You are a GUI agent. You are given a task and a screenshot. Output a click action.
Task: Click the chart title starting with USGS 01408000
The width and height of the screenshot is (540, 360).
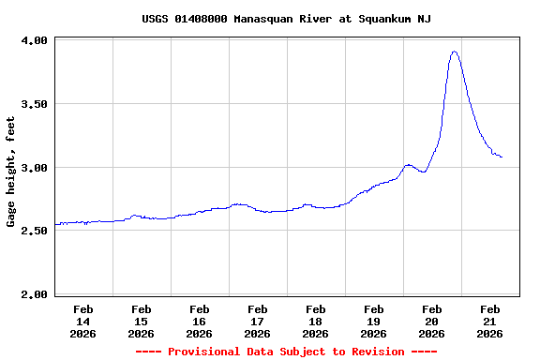(286, 19)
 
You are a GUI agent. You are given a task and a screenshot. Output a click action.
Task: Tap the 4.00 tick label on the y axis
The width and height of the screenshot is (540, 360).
(34, 41)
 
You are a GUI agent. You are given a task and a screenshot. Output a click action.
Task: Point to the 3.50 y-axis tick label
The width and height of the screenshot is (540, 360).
(34, 104)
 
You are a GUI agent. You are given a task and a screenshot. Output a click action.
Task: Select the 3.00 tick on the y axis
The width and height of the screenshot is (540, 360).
(34, 168)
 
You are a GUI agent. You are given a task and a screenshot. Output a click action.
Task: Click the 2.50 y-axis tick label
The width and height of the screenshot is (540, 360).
(34, 231)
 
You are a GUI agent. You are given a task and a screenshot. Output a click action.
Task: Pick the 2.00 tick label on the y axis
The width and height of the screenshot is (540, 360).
(34, 294)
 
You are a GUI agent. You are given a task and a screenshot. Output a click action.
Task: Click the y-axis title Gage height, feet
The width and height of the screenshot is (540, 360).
(11, 172)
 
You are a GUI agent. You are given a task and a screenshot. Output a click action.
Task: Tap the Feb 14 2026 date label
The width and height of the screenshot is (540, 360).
(83, 321)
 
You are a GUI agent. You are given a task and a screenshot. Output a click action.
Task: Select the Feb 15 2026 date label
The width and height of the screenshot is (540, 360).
(142, 321)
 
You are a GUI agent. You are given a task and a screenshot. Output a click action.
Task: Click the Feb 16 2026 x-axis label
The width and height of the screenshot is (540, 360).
(200, 321)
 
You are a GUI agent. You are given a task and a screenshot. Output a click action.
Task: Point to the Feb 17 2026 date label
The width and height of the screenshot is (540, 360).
(258, 321)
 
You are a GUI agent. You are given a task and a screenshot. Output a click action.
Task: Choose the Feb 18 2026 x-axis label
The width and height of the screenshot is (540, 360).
(316, 321)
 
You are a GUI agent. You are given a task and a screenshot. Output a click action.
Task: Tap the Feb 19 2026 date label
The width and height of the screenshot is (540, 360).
(374, 321)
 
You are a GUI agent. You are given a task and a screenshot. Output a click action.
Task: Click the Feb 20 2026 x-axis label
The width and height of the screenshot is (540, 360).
(432, 321)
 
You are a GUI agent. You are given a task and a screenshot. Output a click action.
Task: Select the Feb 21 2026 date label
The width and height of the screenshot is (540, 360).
(490, 321)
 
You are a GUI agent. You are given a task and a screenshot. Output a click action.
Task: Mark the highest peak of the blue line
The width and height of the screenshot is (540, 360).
(455, 52)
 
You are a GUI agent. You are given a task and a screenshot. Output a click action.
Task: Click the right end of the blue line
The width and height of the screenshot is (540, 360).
(502, 157)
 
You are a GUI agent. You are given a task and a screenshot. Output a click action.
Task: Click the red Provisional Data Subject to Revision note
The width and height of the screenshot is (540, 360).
(286, 352)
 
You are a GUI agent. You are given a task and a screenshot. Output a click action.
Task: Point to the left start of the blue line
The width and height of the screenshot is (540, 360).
(56, 224)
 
